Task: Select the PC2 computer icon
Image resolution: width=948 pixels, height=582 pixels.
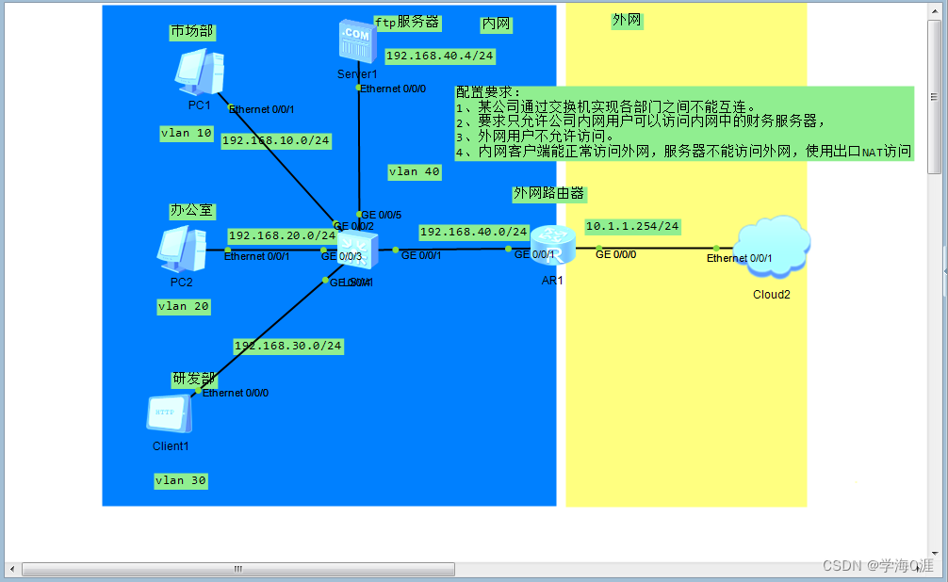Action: [181, 250]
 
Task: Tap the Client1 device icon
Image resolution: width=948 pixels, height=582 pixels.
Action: [169, 414]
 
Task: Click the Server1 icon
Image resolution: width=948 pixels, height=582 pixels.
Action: [357, 42]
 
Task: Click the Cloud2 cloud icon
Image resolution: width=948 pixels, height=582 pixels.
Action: [772, 248]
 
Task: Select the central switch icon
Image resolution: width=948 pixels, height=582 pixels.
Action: [358, 250]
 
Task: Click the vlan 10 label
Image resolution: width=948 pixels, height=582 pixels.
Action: [187, 134]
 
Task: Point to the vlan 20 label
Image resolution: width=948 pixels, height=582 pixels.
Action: [184, 307]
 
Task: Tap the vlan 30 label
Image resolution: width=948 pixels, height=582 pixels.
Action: [181, 481]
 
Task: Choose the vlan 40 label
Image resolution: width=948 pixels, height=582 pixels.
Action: [415, 171]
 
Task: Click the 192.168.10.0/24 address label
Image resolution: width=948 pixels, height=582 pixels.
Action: [276, 141]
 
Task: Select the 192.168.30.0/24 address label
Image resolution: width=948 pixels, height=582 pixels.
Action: [287, 347]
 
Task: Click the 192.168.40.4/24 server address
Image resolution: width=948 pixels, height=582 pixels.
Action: [440, 57]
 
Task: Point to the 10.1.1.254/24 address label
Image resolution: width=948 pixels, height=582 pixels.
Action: [632, 227]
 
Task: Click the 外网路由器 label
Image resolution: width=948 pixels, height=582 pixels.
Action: [549, 194]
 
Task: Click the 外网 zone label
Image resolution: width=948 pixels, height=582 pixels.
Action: [627, 20]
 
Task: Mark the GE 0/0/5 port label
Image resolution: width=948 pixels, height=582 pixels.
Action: [382, 215]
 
